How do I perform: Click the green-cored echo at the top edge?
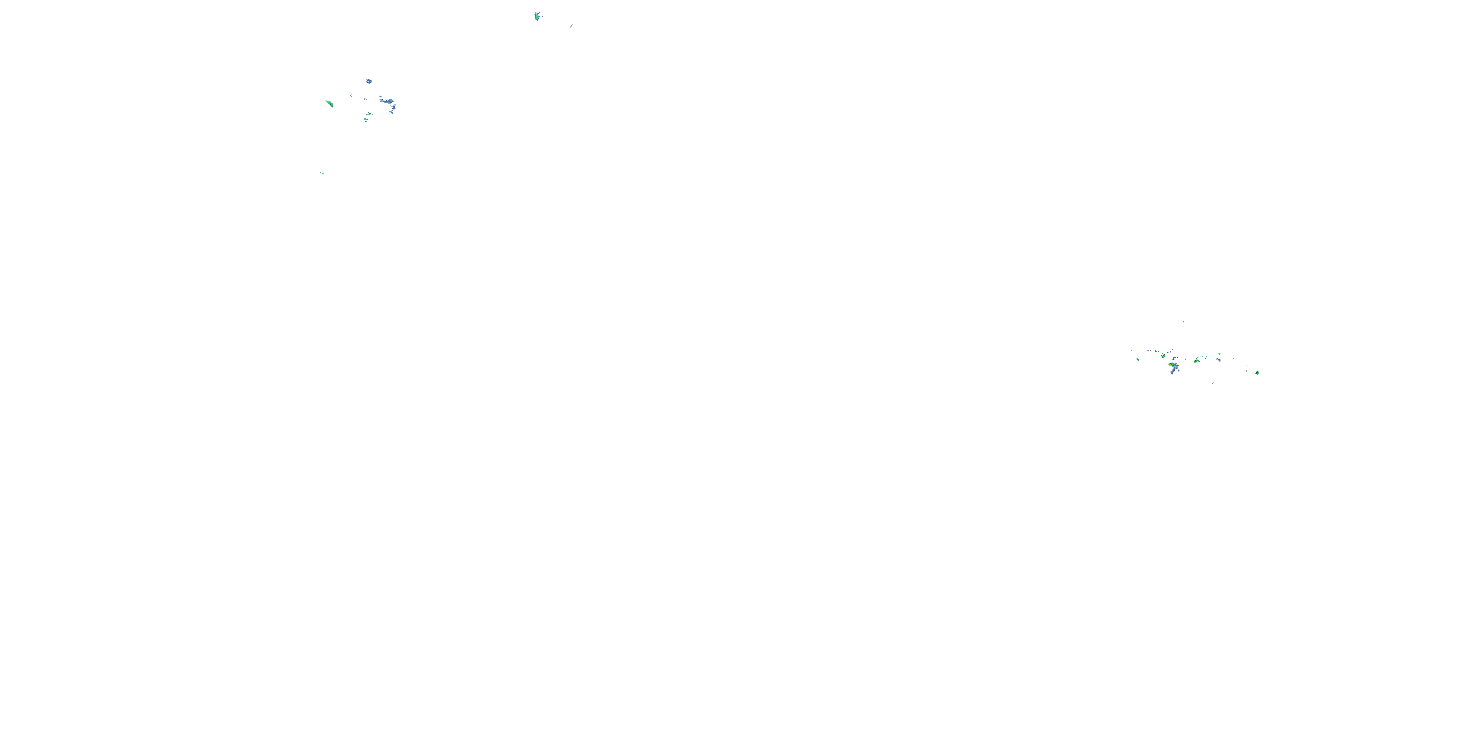(x=537, y=17)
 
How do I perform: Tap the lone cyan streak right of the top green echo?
(x=571, y=26)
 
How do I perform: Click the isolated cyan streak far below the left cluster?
(x=323, y=173)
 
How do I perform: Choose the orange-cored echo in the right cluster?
(x=1170, y=365)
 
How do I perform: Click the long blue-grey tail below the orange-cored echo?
(x=1173, y=371)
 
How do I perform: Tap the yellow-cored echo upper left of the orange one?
(x=1163, y=357)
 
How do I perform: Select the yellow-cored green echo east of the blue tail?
(x=1196, y=361)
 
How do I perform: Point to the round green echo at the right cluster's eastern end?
(x=1257, y=373)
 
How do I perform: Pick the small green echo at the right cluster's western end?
(x=1138, y=360)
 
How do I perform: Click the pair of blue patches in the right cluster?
(x=1218, y=360)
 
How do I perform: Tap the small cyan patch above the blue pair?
(x=1220, y=354)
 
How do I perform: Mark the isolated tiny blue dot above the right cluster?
(x=1183, y=322)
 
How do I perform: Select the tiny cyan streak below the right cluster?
(x=1213, y=383)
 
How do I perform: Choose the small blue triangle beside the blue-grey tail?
(x=1179, y=370)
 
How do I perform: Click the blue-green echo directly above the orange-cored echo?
(x=1174, y=359)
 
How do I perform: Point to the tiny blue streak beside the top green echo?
(x=542, y=14)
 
